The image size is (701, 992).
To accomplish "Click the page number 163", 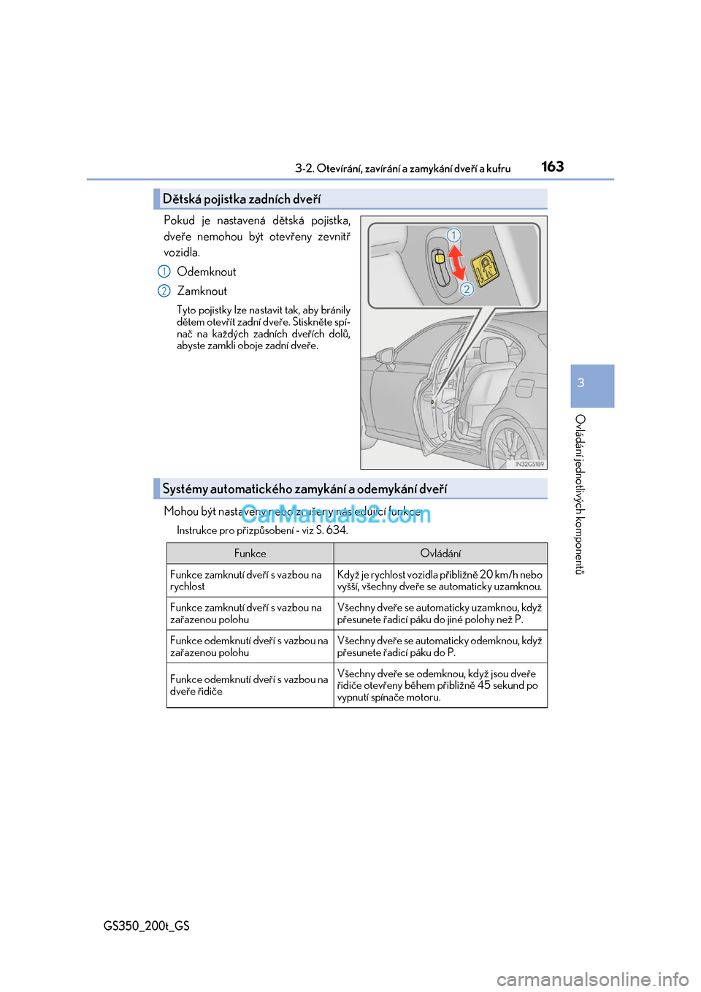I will [552, 167].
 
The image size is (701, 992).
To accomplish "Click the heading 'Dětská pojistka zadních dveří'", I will [241, 199].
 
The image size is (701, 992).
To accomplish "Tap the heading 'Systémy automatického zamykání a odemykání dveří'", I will [304, 489].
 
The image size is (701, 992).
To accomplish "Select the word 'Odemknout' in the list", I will [207, 272].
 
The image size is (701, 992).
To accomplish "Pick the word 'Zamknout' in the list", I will [202, 291].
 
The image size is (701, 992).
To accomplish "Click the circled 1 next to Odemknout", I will [164, 272].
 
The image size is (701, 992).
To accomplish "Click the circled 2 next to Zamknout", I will [164, 291].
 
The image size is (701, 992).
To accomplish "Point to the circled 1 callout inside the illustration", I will [453, 235].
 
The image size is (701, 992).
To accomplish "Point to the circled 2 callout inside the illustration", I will [467, 289].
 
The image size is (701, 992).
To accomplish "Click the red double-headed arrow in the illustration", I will [456, 262].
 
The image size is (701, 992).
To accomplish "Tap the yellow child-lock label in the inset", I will [485, 269].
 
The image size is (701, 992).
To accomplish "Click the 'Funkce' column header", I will [250, 554].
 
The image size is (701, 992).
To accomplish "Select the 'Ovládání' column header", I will [440, 554].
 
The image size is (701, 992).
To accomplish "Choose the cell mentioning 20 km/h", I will [440, 581].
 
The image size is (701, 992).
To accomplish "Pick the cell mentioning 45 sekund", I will [440, 685].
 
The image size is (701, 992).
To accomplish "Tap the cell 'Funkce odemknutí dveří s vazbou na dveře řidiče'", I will [250, 685].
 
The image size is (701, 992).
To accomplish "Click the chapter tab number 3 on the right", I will [581, 383].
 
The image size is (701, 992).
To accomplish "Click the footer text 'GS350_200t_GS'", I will [146, 926].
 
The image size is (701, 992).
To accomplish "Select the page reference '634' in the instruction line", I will [337, 530].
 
